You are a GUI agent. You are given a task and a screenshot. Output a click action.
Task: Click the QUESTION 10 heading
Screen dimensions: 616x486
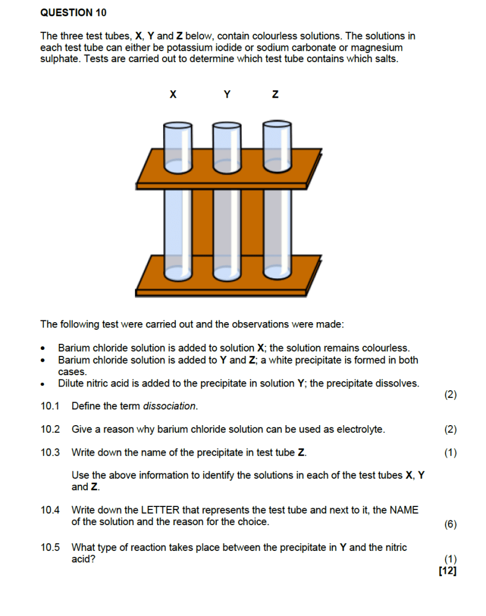pyautogui.click(x=66, y=12)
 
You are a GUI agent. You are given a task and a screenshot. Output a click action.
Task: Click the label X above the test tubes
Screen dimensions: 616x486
pyautogui.click(x=173, y=95)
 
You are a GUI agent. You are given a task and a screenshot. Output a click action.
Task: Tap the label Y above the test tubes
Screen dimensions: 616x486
pyautogui.click(x=226, y=95)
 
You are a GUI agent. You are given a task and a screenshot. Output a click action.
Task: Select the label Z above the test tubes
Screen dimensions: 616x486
pyautogui.click(x=275, y=95)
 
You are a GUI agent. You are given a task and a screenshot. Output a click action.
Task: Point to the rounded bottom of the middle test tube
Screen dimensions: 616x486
pyautogui.click(x=227, y=275)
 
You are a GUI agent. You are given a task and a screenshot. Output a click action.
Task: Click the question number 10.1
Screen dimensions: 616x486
pyautogui.click(x=50, y=406)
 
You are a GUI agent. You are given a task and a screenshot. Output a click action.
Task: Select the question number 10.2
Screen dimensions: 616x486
pyautogui.click(x=50, y=429)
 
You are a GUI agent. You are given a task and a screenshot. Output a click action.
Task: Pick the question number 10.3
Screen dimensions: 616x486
pyautogui.click(x=50, y=452)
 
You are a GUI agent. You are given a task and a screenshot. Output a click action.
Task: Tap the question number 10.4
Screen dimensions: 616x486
pyautogui.click(x=50, y=510)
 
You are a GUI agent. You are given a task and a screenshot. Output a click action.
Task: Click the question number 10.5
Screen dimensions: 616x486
pyautogui.click(x=50, y=547)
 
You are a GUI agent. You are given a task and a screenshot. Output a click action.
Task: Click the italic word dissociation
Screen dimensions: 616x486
pyautogui.click(x=170, y=406)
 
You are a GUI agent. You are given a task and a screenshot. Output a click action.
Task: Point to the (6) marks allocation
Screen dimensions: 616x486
pyautogui.click(x=450, y=524)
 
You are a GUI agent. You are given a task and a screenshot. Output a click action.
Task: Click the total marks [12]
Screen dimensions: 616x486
pyautogui.click(x=448, y=570)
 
